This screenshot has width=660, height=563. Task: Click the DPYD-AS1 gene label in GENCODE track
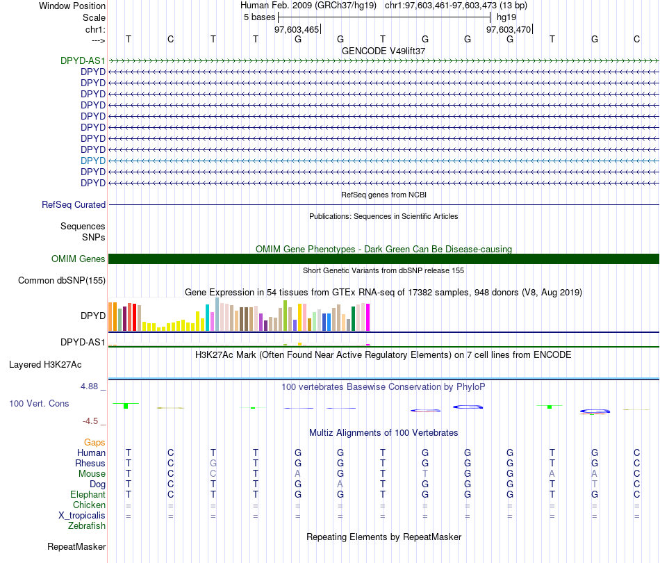[83, 60]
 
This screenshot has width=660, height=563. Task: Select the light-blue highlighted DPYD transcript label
[93, 161]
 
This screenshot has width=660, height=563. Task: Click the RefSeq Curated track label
[74, 205]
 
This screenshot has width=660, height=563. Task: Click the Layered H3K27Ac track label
[45, 364]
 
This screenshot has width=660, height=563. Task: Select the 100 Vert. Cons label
[39, 403]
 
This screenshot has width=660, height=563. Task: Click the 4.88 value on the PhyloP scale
[92, 386]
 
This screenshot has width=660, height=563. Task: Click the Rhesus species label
[90, 464]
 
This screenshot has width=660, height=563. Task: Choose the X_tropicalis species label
[82, 516]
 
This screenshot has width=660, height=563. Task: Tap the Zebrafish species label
[87, 526]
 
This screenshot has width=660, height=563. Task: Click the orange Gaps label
[94, 443]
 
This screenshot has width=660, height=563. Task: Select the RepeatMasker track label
[76, 547]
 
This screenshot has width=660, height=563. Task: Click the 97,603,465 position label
[297, 29]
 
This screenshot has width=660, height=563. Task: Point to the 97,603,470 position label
[509, 29]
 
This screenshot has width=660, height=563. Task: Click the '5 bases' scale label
[259, 17]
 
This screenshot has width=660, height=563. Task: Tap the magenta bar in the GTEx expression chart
[368, 318]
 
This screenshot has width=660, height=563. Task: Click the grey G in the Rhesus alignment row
[213, 464]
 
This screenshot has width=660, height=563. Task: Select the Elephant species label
[88, 495]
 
